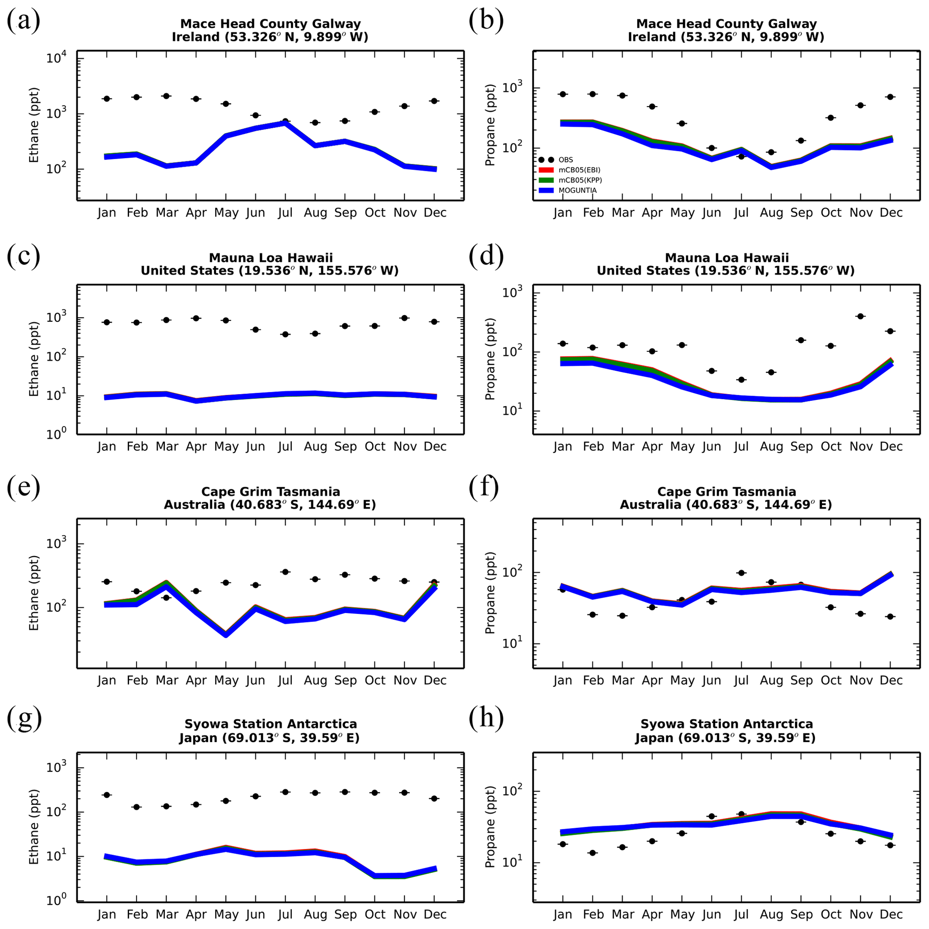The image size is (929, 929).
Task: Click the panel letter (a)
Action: click(x=23, y=22)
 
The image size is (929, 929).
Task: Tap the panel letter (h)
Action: click(x=486, y=717)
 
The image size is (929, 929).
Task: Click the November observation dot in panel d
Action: click(x=861, y=316)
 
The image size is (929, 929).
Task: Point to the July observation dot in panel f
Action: click(x=741, y=573)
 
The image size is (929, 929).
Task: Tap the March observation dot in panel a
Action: click(x=166, y=96)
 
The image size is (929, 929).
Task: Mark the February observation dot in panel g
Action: click(x=137, y=807)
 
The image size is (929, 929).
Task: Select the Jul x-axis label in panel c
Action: click(x=285, y=447)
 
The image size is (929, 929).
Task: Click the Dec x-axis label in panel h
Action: click(x=891, y=914)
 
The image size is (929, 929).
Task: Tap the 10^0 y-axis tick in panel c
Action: click(x=57, y=434)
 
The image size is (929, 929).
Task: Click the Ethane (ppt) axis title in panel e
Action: click(x=34, y=593)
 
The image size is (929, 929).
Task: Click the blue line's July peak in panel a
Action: click(x=285, y=124)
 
